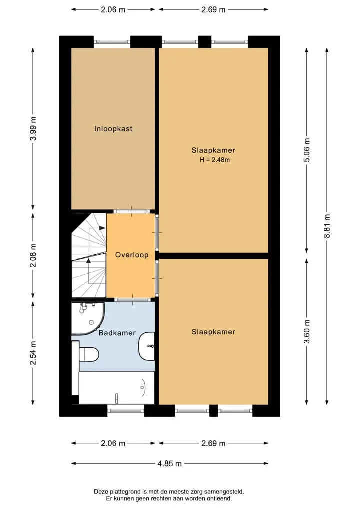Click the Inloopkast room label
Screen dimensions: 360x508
pos(113,128)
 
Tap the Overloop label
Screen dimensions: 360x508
pos(132,255)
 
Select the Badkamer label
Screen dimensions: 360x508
pos(117,333)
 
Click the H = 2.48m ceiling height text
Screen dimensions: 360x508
pos(214,160)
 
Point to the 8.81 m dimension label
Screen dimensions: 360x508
pos(327,226)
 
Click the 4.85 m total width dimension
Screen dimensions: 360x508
pos(170,463)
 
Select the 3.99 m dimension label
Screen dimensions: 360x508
pos(33,128)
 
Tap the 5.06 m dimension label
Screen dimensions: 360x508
pos(307,150)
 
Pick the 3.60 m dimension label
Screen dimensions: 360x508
pos(307,331)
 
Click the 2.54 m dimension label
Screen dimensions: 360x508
pos(33,353)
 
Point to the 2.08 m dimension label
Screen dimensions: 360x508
pos(33,255)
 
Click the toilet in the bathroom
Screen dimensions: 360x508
pos(88,354)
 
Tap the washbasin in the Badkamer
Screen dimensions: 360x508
pos(147,346)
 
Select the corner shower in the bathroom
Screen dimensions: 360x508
pos(88,319)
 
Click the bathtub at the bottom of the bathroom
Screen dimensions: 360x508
pos(117,388)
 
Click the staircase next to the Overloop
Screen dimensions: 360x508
pos(89,255)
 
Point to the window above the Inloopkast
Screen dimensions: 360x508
pos(112,42)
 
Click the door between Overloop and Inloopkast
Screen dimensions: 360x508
pos(131,212)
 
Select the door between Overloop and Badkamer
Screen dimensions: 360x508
pos(132,300)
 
